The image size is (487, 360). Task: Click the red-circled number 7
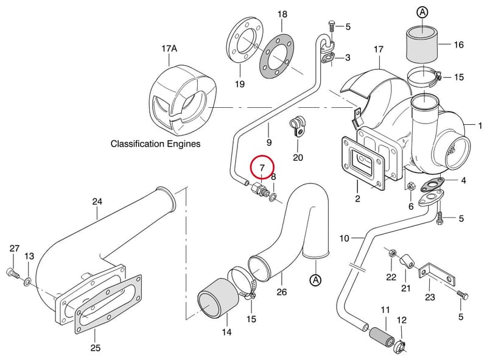click(x=262, y=168)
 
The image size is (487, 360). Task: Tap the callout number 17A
click(x=169, y=49)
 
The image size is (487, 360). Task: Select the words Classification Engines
click(x=156, y=144)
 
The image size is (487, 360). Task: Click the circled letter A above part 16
click(x=422, y=12)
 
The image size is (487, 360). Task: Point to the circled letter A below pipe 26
click(x=315, y=280)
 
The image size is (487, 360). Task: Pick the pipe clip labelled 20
click(x=298, y=126)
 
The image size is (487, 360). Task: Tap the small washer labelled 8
click(x=273, y=197)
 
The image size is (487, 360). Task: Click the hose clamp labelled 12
click(x=401, y=347)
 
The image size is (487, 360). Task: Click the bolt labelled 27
click(x=12, y=274)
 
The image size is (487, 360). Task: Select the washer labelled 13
click(x=27, y=282)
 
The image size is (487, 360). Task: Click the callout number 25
click(x=96, y=347)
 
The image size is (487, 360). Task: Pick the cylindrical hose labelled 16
click(x=422, y=44)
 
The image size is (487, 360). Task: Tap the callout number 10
click(x=345, y=238)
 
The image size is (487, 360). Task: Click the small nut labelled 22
click(x=391, y=253)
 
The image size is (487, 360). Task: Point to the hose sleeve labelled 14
click(x=218, y=298)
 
